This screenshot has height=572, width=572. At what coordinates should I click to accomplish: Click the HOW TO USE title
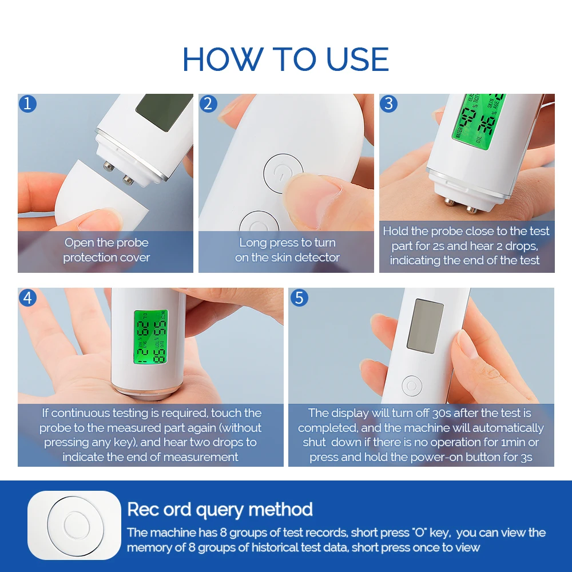coord(285,59)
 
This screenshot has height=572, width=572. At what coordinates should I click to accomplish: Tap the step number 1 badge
coord(27,104)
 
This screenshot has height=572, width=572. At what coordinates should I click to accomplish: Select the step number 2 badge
coord(208,104)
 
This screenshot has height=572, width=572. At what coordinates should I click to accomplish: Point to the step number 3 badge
coord(389,104)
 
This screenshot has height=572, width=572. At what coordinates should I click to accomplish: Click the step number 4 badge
coord(27,297)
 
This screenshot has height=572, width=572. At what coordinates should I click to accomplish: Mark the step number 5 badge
coord(299,297)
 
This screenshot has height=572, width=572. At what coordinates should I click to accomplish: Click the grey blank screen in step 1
coord(163,112)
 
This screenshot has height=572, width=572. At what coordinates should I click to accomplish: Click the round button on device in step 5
coord(411,385)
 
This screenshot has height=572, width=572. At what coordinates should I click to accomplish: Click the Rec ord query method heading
coord(220,509)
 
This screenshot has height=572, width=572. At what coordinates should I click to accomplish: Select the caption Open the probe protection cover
coord(106,250)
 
